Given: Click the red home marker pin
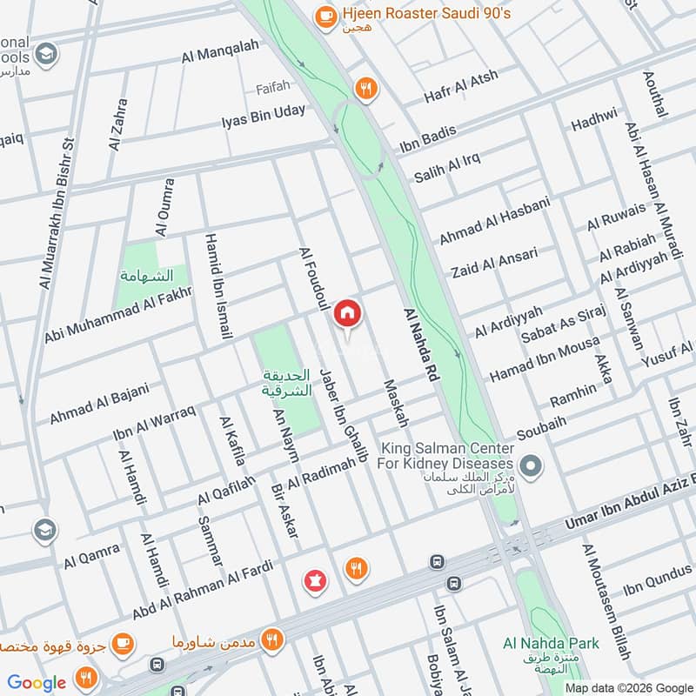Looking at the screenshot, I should [x=348, y=313].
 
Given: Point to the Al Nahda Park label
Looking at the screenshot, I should [x=551, y=644].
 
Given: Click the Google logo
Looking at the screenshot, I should [x=37, y=682].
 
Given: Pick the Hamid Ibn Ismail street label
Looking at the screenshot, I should [x=217, y=286].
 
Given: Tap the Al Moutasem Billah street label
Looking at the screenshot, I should [x=610, y=602].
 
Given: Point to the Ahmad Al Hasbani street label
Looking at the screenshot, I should [x=494, y=221].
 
